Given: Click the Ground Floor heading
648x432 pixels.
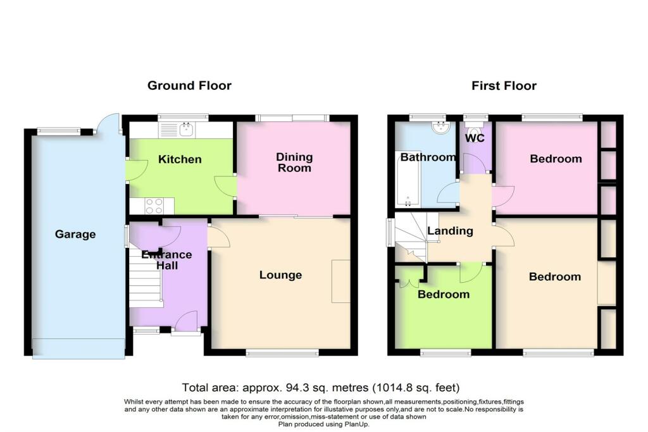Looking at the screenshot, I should click(x=189, y=85).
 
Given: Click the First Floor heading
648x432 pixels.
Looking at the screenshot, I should click(x=504, y=85).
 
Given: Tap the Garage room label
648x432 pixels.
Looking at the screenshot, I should click(x=75, y=234).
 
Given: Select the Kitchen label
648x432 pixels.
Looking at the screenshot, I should click(x=180, y=159).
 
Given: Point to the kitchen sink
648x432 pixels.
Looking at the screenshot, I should click(x=187, y=130).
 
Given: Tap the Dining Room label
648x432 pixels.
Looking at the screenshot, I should click(x=294, y=163).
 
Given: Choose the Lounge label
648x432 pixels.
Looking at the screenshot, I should click(x=280, y=275).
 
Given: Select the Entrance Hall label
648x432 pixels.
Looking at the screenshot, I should click(x=167, y=260).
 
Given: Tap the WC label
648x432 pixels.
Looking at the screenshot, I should click(x=475, y=138).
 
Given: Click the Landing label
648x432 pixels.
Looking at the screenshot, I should click(x=450, y=231).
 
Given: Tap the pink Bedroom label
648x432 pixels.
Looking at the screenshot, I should click(x=556, y=159).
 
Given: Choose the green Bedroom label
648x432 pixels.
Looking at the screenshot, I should click(x=444, y=294).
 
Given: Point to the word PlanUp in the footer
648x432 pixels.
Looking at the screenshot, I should click(x=353, y=424).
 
